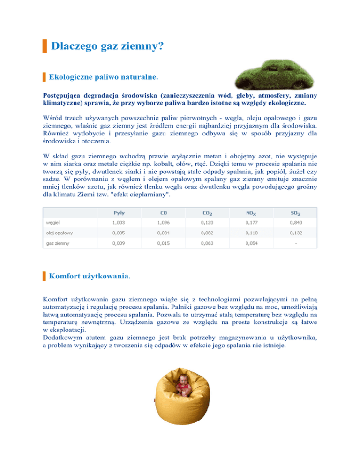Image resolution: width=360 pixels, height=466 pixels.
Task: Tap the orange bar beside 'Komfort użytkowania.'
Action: pyautogui.click(x=44, y=276)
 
